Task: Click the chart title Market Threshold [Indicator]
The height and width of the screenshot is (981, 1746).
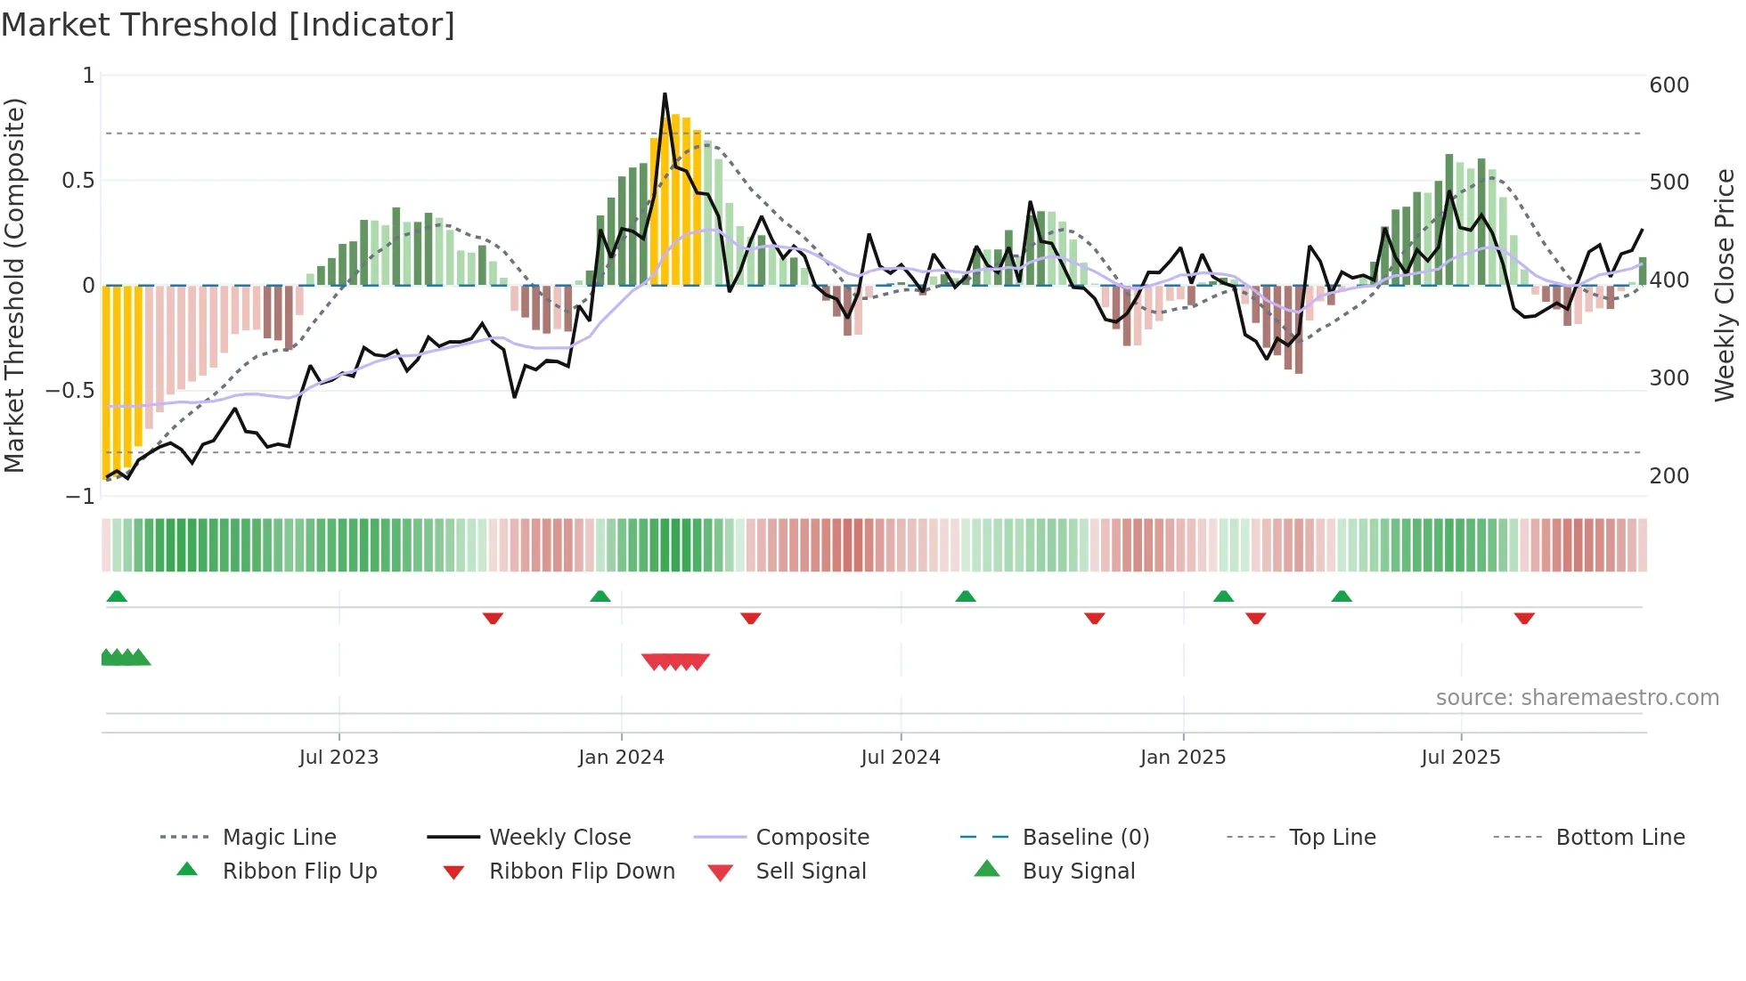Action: click(x=228, y=25)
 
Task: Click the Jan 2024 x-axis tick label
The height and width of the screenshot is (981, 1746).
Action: click(x=621, y=758)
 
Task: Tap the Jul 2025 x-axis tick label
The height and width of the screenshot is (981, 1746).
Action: click(x=1460, y=758)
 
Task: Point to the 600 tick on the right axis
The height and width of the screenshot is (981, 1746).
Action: click(x=1668, y=85)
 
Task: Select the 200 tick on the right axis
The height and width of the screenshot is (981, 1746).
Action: click(x=1668, y=476)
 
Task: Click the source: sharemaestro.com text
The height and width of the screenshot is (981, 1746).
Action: click(x=1577, y=698)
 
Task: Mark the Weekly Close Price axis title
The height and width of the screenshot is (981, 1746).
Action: click(x=1725, y=285)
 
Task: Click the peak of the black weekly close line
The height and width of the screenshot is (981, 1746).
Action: click(x=665, y=93)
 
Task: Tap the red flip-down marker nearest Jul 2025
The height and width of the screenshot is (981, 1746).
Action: click(x=1524, y=618)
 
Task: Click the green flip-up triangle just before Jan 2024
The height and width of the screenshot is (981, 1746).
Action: click(x=600, y=596)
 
